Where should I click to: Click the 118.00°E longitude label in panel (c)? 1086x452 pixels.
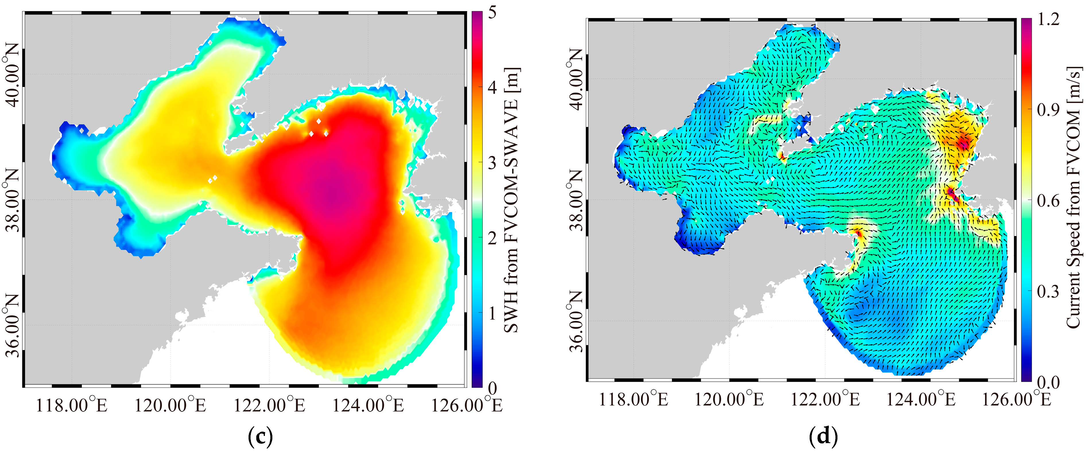pyautogui.click(x=72, y=405)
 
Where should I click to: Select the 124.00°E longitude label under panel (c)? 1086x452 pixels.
pyautogui.click(x=368, y=405)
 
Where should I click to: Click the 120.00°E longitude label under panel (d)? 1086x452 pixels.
pyautogui.click(x=729, y=399)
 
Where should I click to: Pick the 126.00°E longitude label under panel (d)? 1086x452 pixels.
pyautogui.click(x=1016, y=399)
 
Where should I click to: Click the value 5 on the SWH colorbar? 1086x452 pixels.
pyautogui.click(x=492, y=13)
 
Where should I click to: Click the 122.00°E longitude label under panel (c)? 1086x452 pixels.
pyautogui.click(x=269, y=405)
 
